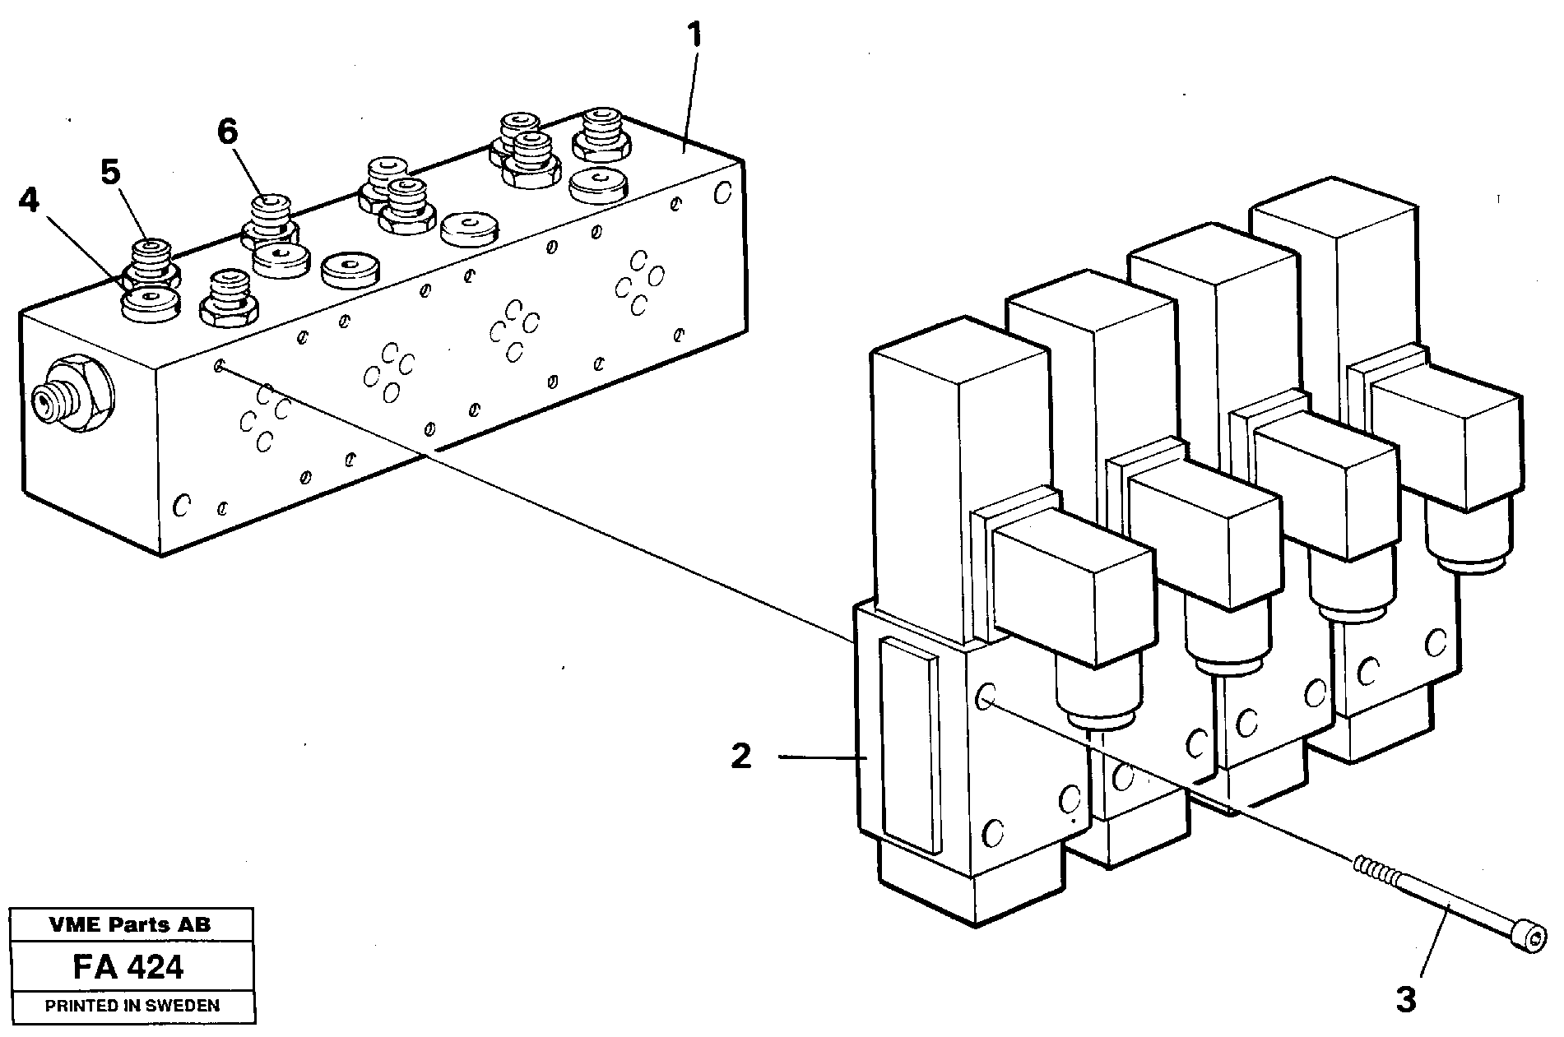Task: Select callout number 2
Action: tap(741, 757)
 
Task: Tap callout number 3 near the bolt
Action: tap(1406, 1000)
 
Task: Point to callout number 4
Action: tap(29, 200)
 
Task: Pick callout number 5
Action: tap(110, 172)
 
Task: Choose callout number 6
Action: tap(228, 131)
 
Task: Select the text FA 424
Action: tap(128, 967)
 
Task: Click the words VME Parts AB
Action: tap(130, 924)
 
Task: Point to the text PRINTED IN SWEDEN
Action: tap(132, 1005)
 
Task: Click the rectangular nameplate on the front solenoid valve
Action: tap(908, 744)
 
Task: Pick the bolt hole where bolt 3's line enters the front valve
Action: tap(984, 700)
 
